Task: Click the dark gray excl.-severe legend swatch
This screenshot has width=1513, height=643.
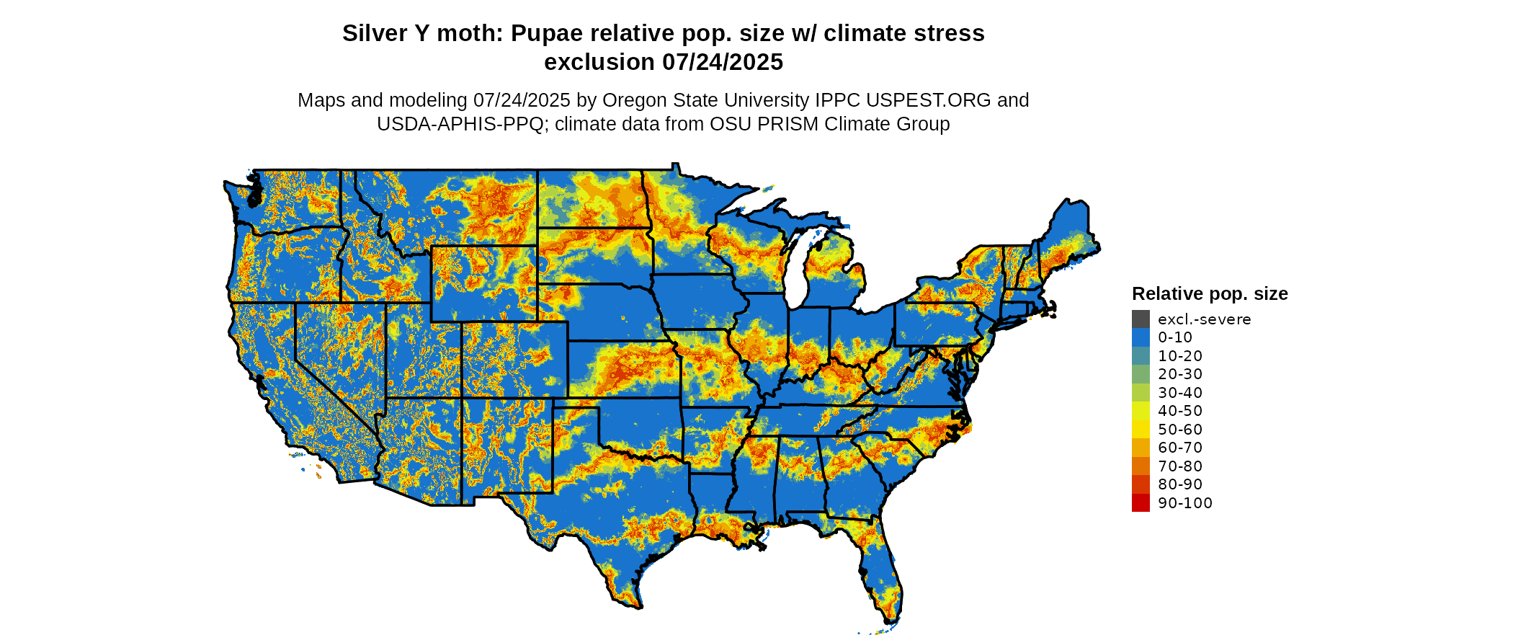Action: click(1141, 319)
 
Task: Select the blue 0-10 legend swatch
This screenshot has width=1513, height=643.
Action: click(1141, 337)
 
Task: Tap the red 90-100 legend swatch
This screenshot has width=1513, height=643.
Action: click(1141, 502)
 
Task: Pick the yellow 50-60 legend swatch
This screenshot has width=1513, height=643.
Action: click(1141, 429)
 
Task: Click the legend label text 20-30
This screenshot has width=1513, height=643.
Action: click(1180, 374)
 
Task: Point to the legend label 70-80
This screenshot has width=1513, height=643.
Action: click(1180, 466)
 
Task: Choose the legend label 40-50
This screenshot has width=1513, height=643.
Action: click(1180, 411)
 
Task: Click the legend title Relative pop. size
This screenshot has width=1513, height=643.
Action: click(1210, 293)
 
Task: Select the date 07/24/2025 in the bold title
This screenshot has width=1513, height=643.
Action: click(722, 62)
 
